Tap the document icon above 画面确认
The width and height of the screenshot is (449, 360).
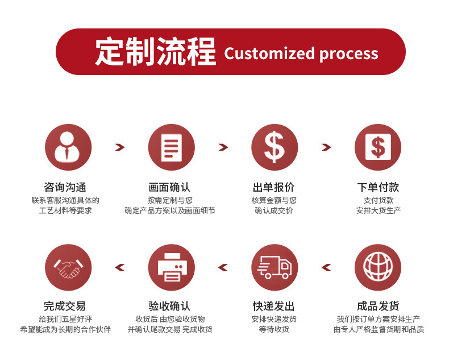171,147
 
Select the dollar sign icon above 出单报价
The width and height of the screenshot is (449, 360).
275,147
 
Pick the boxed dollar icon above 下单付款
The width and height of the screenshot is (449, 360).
377,147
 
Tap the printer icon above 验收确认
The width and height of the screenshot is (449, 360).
171,267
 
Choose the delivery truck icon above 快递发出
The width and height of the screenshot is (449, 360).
275,267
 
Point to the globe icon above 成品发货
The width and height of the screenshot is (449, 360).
377,267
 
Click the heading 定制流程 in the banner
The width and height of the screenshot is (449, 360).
155,52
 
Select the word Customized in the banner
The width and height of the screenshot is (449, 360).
269,53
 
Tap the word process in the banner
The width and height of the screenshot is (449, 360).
348,53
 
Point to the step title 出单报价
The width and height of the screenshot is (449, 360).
274,187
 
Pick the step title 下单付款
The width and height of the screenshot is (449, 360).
378,187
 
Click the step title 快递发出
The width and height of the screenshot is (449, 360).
274,307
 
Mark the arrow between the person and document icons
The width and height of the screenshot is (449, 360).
119,147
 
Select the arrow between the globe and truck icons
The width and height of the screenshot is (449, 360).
326,267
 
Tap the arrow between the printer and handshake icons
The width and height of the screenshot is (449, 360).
119,267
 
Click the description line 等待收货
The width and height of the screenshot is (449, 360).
274,329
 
